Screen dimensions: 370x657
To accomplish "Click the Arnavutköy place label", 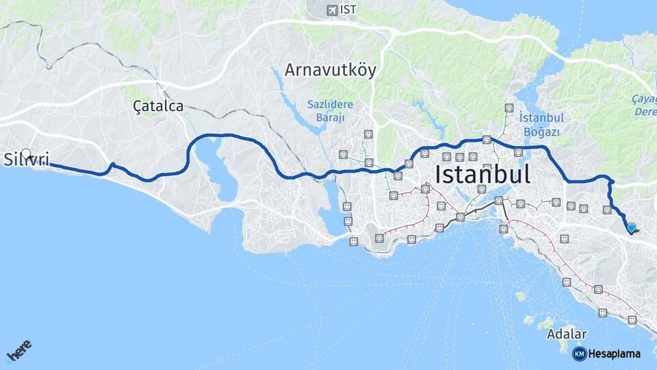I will pyautogui.click(x=331, y=70).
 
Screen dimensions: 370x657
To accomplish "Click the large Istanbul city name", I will pyautogui.click(x=482, y=174).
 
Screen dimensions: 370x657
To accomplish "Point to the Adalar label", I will pyautogui.click(x=567, y=335).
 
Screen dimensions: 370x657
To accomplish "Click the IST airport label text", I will pyautogui.click(x=348, y=10).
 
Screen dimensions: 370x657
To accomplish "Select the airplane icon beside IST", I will pyautogui.click(x=333, y=10).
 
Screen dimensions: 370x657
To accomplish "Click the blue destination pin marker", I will pyautogui.click(x=631, y=228).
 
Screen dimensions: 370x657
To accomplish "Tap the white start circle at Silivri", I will pyautogui.click(x=26, y=153).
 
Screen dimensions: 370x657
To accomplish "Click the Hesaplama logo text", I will pyautogui.click(x=615, y=354).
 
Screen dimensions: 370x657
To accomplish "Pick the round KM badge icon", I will pyautogui.click(x=579, y=354).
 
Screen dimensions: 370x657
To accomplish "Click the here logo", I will pyautogui.click(x=18, y=352).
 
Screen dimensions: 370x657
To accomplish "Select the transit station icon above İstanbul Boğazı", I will pyautogui.click(x=508, y=108).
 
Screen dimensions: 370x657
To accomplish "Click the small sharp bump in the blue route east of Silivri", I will pyautogui.click(x=112, y=164).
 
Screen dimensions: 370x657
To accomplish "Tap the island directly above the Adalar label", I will pyautogui.click(x=547, y=322).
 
